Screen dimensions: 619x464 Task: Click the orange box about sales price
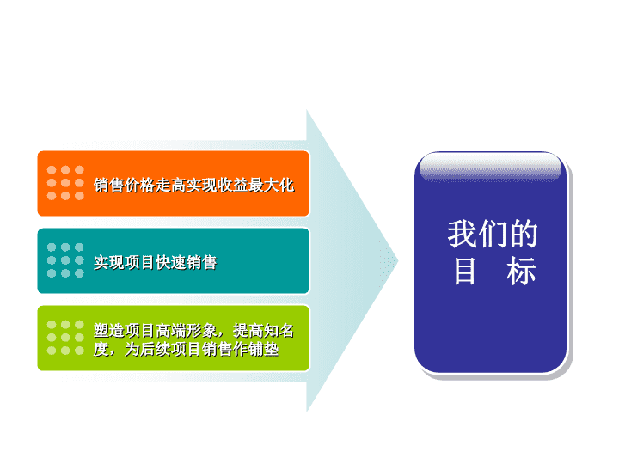pyautogui.click(x=173, y=184)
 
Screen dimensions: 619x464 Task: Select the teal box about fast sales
pyautogui.click(x=173, y=261)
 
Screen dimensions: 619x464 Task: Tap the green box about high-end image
pyautogui.click(x=173, y=339)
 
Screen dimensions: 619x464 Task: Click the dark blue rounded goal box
pyautogui.click(x=491, y=262)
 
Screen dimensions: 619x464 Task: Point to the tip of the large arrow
pyautogui.click(x=398, y=260)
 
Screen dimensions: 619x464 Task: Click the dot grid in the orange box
pyautogui.click(x=65, y=183)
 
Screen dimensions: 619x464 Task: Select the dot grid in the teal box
pyautogui.click(x=65, y=260)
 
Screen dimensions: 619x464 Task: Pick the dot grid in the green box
pyautogui.click(x=65, y=338)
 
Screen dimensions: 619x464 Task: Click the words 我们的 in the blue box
pyautogui.click(x=493, y=234)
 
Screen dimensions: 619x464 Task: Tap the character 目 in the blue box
pyautogui.click(x=464, y=271)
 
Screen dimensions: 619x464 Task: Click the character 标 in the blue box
pyautogui.click(x=521, y=271)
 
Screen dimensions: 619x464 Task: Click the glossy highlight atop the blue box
pyautogui.click(x=490, y=168)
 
